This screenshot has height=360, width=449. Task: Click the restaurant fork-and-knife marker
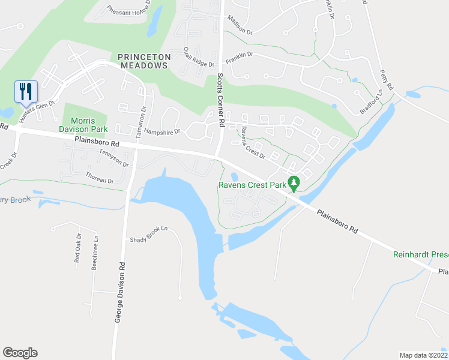(26, 92)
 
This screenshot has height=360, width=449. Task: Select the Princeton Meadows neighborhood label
(144, 61)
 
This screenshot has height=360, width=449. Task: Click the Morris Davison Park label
(83, 125)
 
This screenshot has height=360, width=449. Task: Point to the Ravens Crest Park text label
(252, 185)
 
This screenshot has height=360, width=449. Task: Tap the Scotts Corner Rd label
(220, 100)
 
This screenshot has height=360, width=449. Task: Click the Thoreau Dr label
(100, 177)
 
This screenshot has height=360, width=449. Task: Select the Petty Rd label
(386, 79)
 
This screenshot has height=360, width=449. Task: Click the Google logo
(20, 353)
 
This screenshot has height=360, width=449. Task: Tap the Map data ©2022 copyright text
(423, 355)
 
